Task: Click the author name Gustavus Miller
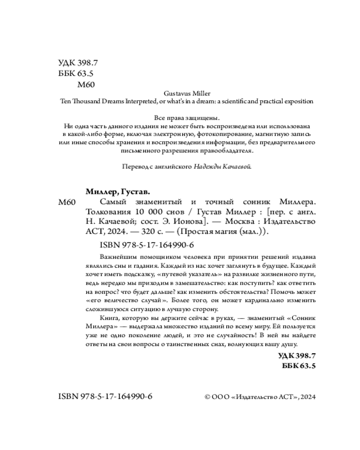(186, 93)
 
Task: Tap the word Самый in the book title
(111, 202)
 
